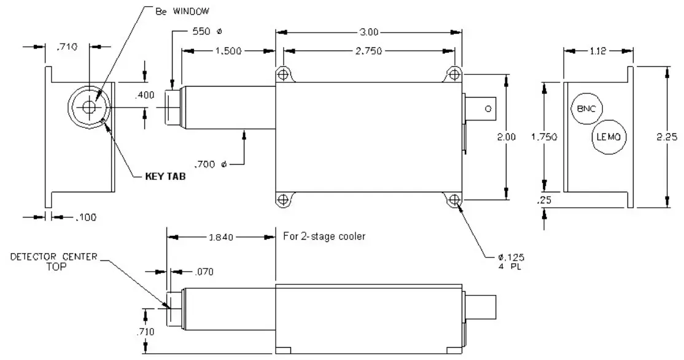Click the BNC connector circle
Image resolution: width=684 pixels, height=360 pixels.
point(586,109)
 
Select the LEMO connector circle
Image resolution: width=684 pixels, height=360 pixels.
point(609,136)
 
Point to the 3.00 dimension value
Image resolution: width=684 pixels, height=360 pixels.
point(368,31)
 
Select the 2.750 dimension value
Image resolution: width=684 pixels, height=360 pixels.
point(368,52)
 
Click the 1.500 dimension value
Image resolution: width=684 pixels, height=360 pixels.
point(228,52)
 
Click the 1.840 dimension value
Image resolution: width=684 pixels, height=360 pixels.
point(220,236)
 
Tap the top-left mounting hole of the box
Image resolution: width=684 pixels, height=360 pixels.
point(282,74)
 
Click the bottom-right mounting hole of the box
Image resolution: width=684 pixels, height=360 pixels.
point(454,200)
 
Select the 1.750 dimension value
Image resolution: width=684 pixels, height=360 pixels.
point(543,137)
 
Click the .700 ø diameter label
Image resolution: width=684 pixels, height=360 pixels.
point(211,164)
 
